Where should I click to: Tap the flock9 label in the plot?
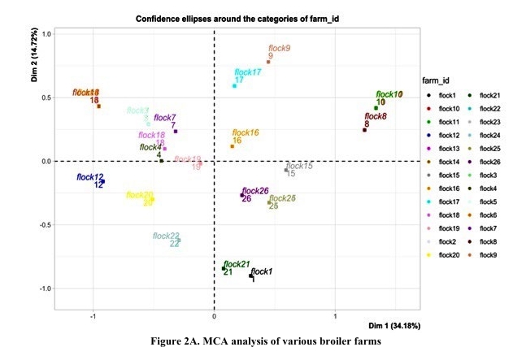[279, 49]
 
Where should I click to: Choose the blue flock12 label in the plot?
[90, 177]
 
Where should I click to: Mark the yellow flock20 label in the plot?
[140, 195]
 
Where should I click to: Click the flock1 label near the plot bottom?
[262, 271]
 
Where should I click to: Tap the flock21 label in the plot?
[236, 265]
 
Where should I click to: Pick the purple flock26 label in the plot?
[254, 191]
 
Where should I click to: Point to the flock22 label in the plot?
[166, 236]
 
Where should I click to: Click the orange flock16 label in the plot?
[246, 132]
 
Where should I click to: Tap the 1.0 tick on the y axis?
[46, 34]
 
